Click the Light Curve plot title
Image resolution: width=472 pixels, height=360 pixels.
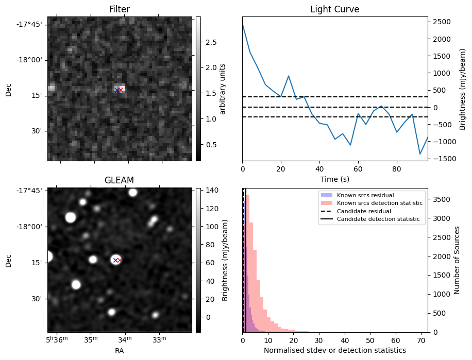click(x=334, y=9)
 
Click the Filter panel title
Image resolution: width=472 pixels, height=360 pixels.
click(x=120, y=9)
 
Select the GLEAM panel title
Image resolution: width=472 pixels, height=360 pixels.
click(x=120, y=180)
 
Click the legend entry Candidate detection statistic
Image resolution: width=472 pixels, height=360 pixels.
click(x=378, y=219)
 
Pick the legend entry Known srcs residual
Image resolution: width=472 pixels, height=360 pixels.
click(x=365, y=195)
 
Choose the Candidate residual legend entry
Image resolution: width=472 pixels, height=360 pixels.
click(x=364, y=211)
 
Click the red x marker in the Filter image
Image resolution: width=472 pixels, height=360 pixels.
click(x=121, y=90)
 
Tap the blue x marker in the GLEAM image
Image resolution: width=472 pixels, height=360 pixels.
click(x=116, y=260)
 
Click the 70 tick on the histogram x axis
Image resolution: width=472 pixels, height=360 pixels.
click(x=420, y=340)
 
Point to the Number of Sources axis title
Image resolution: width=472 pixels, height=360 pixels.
click(x=457, y=260)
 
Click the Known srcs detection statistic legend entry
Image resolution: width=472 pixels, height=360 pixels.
click(x=379, y=203)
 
